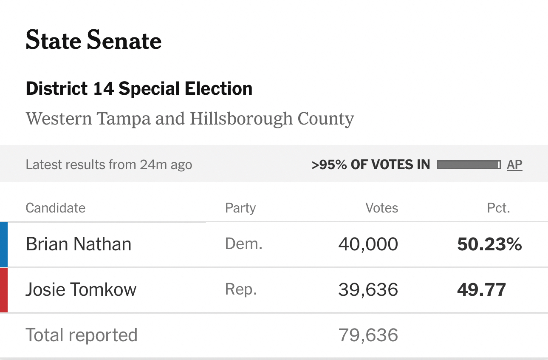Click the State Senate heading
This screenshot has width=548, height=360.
(x=93, y=41)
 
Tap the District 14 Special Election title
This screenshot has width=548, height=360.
(x=139, y=89)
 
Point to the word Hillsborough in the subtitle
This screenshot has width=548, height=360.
(x=241, y=119)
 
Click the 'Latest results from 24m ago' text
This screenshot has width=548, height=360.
(x=109, y=164)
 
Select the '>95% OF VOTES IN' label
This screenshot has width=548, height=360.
(x=370, y=164)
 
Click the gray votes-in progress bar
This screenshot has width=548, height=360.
(x=469, y=164)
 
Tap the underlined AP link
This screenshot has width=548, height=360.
(x=514, y=164)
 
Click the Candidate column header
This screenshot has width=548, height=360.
(x=55, y=208)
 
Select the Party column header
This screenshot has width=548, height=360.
(x=240, y=208)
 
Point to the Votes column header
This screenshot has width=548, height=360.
(x=381, y=208)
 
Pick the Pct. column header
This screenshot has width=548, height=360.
(x=498, y=208)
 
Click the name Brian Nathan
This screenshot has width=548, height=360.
(x=79, y=244)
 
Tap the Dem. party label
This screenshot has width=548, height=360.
(x=243, y=244)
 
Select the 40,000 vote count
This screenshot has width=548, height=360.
(x=368, y=244)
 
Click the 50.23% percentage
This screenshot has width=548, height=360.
(x=489, y=244)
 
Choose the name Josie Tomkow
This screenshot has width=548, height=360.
(x=81, y=290)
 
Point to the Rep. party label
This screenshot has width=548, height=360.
(x=241, y=290)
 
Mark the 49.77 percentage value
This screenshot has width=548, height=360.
(x=481, y=290)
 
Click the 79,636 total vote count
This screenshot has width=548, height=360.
(x=368, y=335)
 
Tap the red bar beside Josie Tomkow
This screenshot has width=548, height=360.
(x=4, y=290)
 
